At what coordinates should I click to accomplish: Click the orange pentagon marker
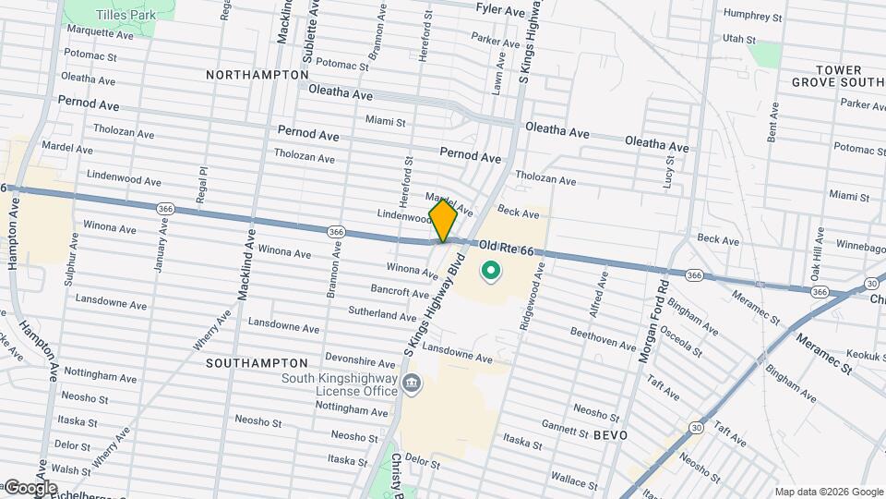443,221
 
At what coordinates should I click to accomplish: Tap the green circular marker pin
491,272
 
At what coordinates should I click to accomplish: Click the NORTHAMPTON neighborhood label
257,74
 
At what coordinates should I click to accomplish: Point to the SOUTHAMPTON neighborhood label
257,363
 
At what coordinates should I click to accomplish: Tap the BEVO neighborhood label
610,434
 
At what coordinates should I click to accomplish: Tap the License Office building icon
412,383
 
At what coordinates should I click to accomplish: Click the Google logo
30,487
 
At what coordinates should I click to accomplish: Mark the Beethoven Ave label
603,338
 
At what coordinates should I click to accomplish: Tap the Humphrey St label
752,17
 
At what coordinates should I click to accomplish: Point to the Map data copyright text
829,492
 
